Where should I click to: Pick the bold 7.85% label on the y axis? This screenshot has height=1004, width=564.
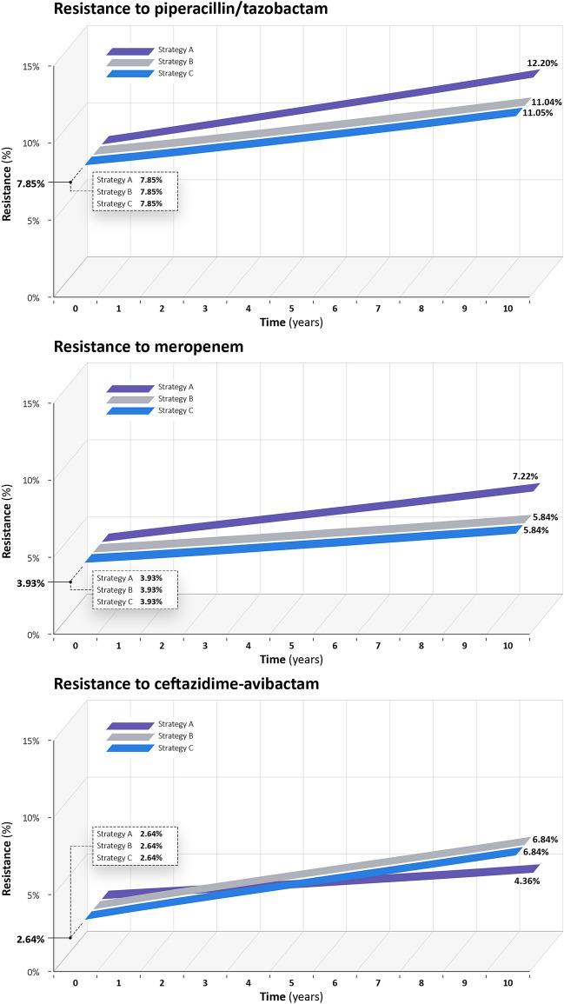[x=30, y=183]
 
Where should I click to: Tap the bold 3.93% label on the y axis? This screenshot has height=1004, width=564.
[x=30, y=582]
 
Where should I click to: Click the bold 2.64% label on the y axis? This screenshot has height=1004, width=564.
[x=30, y=938]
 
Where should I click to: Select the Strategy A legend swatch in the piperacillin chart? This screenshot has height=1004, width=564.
[x=129, y=51]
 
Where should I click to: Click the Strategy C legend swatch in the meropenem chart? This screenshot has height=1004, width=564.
[x=129, y=411]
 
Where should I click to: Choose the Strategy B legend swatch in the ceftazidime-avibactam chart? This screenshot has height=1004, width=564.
[x=129, y=736]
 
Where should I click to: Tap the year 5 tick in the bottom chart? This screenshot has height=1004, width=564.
[x=291, y=983]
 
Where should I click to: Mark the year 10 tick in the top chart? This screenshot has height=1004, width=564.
[x=508, y=309]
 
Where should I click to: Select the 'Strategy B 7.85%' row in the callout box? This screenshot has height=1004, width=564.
[x=135, y=191]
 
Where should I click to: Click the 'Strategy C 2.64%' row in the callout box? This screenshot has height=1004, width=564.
[x=135, y=858]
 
